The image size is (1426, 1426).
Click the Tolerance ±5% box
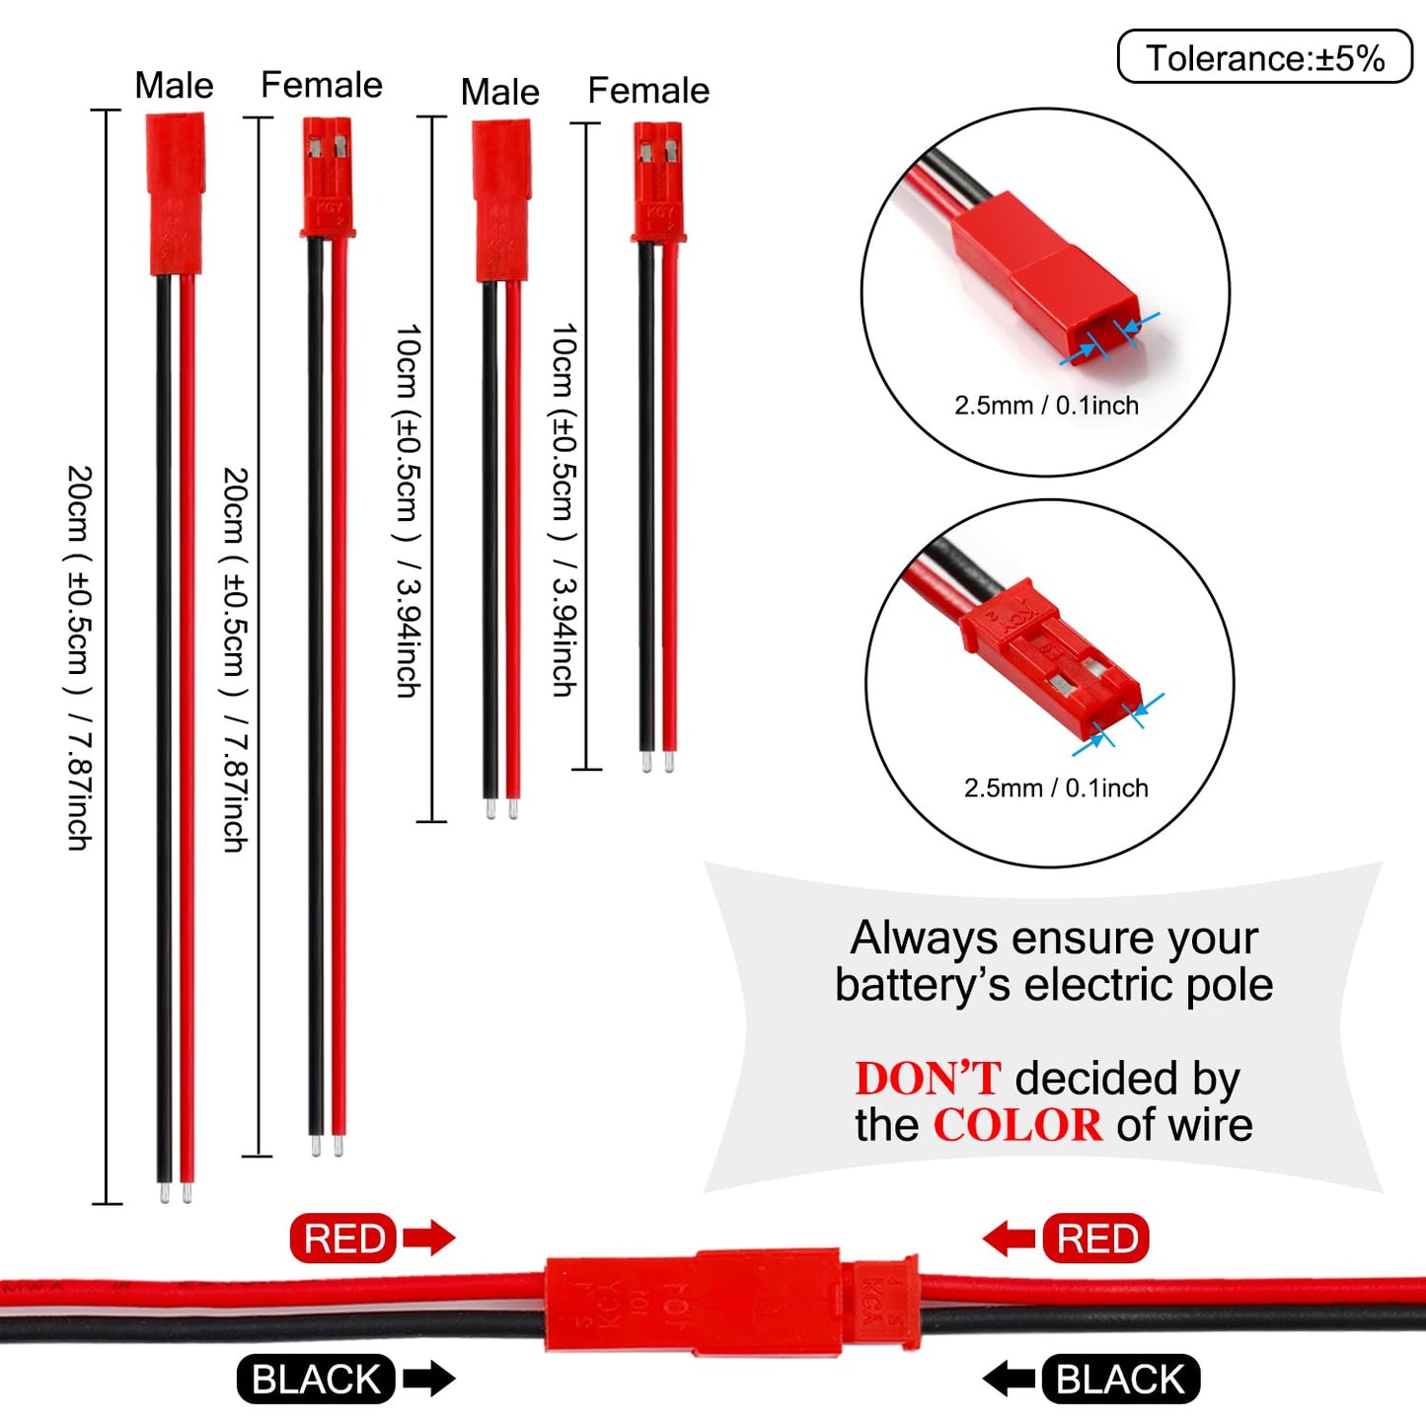[x=1264, y=56]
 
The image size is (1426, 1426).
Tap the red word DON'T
[x=928, y=1079]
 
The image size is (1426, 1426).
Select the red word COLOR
[x=1017, y=1126]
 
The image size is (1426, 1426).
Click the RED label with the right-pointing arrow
[x=343, y=1238]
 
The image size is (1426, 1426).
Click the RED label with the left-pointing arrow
[x=1096, y=1238]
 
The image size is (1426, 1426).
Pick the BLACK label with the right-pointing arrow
[x=316, y=1380]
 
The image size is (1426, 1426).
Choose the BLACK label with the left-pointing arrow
[x=1120, y=1380]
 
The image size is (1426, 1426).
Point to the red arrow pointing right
[x=429, y=1238]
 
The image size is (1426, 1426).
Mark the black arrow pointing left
[x=1009, y=1380]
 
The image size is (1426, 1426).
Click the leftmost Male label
[x=174, y=85]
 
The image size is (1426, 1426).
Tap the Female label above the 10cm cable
[x=648, y=90]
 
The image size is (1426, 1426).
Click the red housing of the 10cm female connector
[x=658, y=182]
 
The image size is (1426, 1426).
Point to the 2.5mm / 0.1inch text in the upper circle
[x=1046, y=406]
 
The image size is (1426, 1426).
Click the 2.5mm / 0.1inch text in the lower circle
[x=1056, y=788]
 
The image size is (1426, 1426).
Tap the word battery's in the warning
[x=923, y=985]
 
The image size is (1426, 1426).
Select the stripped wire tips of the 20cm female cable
[x=327, y=1146]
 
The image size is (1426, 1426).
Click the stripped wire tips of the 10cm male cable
[x=501, y=807]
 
